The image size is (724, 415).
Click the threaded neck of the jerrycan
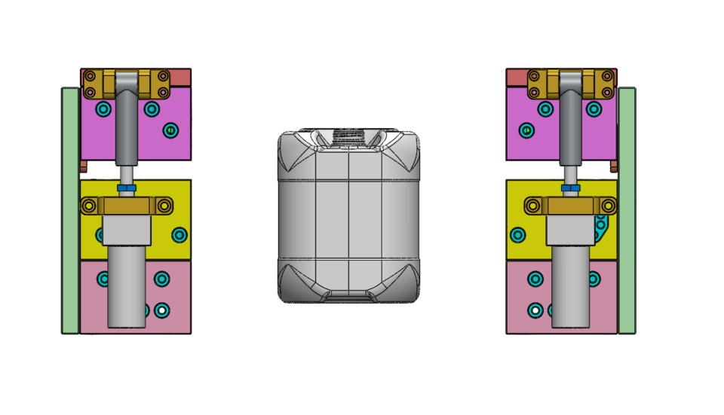pos(348,136)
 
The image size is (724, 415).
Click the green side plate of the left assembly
pos(70,211)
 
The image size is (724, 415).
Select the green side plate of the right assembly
pos(627,211)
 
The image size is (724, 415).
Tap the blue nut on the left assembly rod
pos(127,188)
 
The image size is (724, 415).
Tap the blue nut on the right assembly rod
pos(571,188)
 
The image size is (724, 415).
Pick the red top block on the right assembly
pos(516,77)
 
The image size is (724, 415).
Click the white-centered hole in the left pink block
pos(161,310)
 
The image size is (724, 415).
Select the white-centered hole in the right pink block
pos(535,310)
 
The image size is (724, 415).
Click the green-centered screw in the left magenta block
pos(170,130)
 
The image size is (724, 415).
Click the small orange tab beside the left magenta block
pos(84,166)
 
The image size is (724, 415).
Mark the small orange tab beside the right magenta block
pos(614,166)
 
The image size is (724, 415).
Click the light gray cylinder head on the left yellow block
pos(127,230)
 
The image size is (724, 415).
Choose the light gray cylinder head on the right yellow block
pos(570,230)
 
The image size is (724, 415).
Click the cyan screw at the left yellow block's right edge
pos(179,235)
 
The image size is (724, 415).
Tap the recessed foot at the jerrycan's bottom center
pos(348,294)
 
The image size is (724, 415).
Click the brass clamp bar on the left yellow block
pos(127,206)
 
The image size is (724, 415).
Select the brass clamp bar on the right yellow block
pos(571,206)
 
